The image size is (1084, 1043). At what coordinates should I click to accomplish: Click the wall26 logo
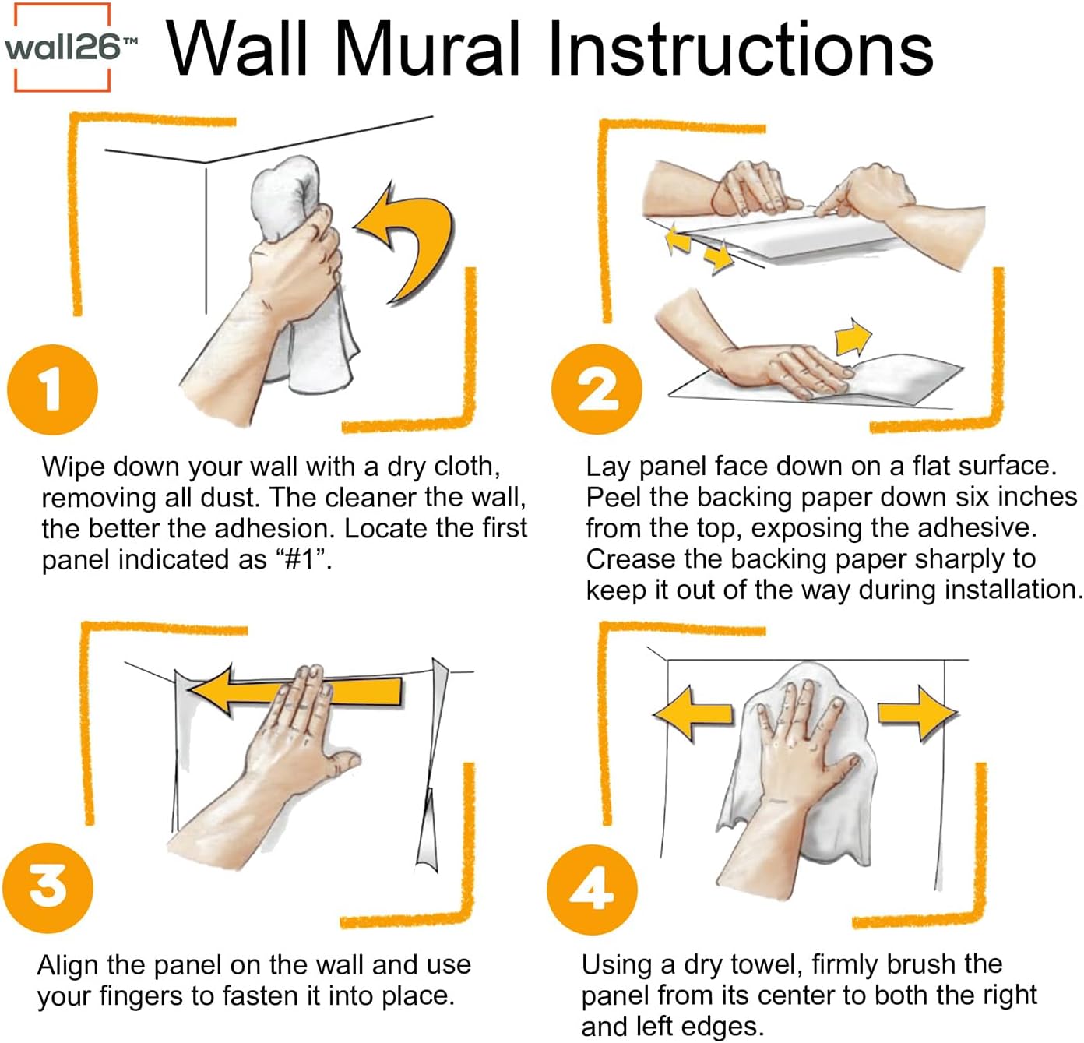click(64, 48)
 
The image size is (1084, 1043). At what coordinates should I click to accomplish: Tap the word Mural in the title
click(427, 48)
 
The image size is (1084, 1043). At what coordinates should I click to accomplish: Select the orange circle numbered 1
click(52, 389)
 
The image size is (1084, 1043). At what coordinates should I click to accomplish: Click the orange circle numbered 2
click(597, 389)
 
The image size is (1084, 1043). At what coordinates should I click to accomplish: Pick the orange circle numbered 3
click(48, 887)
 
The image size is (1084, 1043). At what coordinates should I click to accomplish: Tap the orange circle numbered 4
click(592, 889)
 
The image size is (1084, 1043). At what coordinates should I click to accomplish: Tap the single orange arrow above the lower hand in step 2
click(852, 337)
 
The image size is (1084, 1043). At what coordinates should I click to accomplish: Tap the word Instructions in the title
click(740, 48)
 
